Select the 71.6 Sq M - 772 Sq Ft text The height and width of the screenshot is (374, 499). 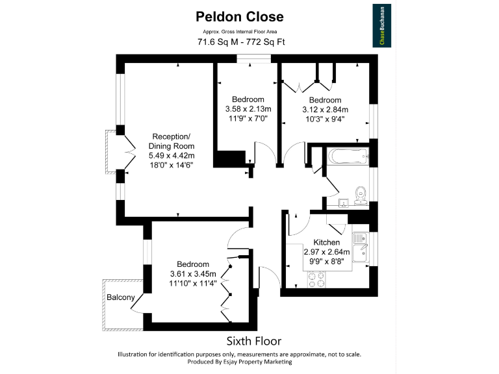pos(240,42)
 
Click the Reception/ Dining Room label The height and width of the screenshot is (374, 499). pos(171,142)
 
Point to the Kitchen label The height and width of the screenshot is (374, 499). pos(327,242)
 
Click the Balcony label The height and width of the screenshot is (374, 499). pos(121,298)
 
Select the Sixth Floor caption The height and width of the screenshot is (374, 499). pos(253,340)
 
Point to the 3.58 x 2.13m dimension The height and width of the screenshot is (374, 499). pos(248,108)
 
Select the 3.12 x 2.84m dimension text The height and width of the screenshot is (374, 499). pos(325,110)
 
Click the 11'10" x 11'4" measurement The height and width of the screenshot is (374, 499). pos(193,283)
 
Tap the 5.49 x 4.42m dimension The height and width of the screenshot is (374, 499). pos(172,156)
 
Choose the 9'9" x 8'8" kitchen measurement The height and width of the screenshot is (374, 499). pos(327,261)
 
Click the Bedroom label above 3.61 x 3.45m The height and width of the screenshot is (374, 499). pos(193,264)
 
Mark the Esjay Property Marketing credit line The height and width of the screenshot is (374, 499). pos(239,362)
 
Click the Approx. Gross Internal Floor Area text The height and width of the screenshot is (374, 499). pos(240,32)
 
